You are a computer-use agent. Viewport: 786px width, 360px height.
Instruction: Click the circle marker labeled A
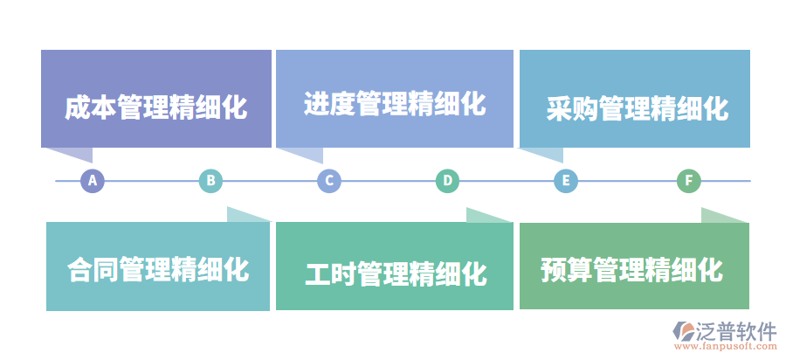[x=93, y=181]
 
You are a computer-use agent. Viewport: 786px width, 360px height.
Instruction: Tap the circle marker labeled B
[x=210, y=181]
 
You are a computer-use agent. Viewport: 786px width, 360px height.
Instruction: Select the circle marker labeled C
[x=328, y=181]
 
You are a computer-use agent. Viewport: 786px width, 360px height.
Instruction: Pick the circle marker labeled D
[x=447, y=181]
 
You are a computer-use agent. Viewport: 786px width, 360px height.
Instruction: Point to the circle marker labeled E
[x=566, y=181]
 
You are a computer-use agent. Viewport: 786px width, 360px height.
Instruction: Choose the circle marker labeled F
[x=689, y=181]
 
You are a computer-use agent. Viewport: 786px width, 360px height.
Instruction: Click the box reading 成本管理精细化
[x=156, y=99]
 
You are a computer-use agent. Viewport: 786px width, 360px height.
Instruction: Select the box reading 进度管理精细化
[x=394, y=99]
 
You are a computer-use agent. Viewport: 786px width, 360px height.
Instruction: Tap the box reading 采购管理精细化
[x=635, y=99]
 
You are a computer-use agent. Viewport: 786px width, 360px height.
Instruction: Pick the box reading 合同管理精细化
[x=158, y=267]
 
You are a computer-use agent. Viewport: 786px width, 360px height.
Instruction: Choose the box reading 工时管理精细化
[x=394, y=267]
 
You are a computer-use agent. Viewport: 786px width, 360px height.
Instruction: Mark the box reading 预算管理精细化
[x=635, y=266]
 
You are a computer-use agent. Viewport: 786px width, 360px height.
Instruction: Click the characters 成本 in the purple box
[x=90, y=108]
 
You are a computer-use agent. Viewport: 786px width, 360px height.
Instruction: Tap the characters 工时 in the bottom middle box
[x=330, y=273]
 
